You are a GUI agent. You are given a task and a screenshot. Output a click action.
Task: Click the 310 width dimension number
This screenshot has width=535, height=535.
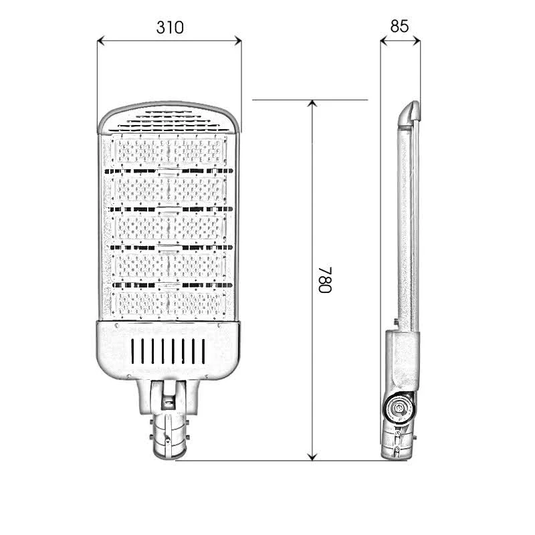(x=169, y=27)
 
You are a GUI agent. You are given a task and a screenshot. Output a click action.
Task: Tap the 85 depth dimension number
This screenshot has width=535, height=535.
(x=399, y=26)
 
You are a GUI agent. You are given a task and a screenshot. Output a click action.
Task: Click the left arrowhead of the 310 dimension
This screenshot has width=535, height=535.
(x=102, y=41)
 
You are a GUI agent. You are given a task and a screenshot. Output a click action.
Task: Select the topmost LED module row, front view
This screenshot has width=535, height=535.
(x=169, y=151)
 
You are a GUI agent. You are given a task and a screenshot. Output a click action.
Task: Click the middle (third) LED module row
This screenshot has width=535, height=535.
(x=169, y=228)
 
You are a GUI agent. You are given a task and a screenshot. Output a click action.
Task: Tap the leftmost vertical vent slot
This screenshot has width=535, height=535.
(x=133, y=350)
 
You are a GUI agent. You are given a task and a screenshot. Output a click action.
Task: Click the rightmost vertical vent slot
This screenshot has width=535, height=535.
(x=203, y=350)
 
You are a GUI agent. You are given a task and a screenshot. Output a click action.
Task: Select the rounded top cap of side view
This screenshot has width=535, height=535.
(x=409, y=113)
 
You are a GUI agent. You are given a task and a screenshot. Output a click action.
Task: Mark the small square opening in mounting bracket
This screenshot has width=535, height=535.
(x=168, y=402)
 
